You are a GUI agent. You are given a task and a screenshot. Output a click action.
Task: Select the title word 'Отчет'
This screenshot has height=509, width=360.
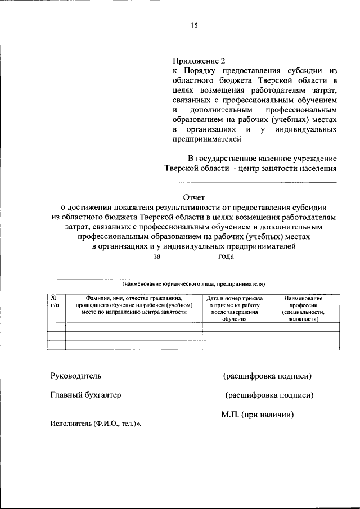coord(195,197)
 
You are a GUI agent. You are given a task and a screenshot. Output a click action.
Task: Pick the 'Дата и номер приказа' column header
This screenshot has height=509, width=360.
coord(235,308)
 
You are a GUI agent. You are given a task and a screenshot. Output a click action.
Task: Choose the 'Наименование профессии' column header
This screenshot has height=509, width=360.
coord(303,308)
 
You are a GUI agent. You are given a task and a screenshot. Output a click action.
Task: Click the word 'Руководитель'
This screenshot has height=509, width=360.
coord(76,375)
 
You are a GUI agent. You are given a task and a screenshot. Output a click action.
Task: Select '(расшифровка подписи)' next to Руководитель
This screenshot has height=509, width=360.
coord(267,375)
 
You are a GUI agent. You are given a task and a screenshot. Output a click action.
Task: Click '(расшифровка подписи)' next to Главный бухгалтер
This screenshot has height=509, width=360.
coord(269,395)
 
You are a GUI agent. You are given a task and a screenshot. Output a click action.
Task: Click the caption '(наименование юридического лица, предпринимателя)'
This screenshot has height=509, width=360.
coord(193,284)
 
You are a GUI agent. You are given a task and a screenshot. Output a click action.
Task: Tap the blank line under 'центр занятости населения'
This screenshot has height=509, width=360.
coord(258,182)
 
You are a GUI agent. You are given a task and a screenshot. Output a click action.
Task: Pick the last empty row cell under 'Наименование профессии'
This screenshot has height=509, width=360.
coord(303,345)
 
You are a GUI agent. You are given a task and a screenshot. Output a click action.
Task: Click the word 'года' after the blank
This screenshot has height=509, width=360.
coord(227,256)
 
